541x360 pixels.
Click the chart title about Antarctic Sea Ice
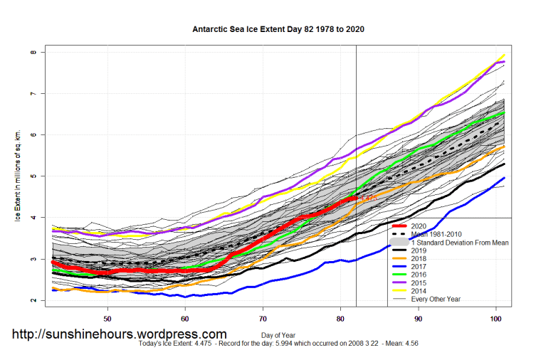279,30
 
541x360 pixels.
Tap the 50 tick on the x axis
107,319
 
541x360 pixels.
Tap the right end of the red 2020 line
356,198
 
